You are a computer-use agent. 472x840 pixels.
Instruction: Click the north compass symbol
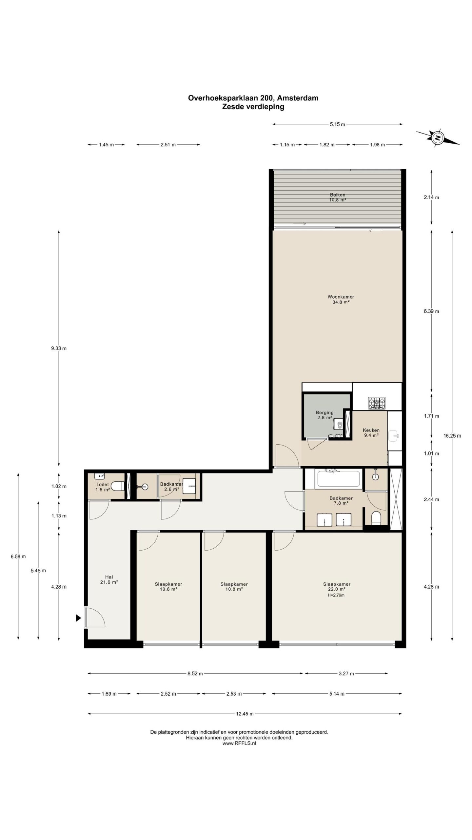437,138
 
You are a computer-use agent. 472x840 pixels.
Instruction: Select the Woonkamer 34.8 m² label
341,300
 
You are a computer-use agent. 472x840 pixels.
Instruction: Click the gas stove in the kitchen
377,403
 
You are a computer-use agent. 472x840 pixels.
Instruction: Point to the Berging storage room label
324,415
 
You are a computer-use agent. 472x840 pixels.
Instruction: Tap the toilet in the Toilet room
117,486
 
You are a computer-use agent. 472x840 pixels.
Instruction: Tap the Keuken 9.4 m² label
371,432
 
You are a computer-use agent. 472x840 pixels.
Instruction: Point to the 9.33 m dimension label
59,348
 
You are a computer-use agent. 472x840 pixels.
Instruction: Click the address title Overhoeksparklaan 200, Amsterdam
253,98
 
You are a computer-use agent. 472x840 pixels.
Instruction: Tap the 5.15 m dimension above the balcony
338,124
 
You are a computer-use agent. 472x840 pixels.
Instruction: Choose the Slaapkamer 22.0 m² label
337,587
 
